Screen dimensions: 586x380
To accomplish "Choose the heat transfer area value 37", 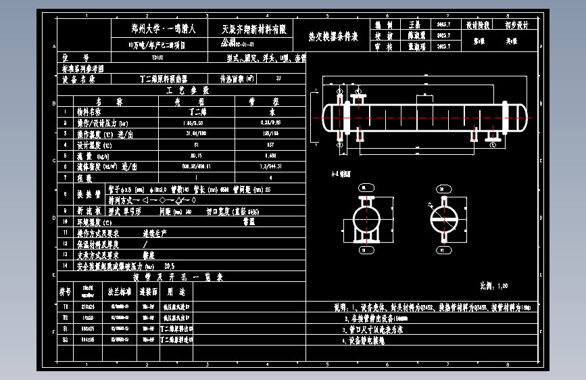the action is coord(278,79).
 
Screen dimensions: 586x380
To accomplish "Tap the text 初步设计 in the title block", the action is coord(516,24).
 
